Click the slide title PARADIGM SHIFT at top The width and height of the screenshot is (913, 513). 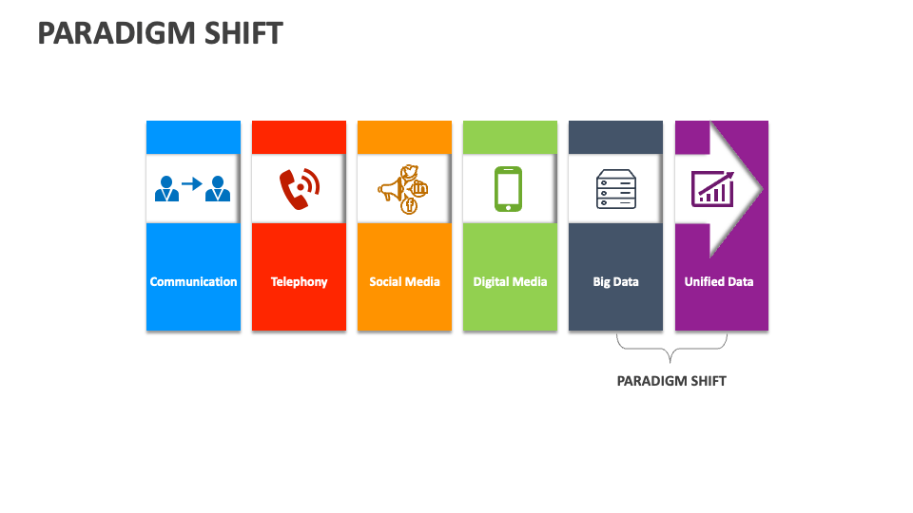160,33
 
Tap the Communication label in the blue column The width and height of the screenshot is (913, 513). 193,282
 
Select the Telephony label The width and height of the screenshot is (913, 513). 299,282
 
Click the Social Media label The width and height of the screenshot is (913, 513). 404,282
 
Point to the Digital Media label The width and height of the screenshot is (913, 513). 510,282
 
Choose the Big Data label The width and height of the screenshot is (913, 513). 615,282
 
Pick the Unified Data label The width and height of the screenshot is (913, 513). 719,282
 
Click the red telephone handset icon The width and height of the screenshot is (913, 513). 299,189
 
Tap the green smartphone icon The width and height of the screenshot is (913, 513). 509,189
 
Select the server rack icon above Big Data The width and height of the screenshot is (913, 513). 614,189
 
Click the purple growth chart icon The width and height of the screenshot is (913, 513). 712,188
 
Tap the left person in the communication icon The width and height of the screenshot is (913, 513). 166,188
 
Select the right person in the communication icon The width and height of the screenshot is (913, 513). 220,188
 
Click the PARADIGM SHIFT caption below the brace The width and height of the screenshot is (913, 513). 671,381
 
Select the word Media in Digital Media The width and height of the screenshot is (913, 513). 530,282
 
